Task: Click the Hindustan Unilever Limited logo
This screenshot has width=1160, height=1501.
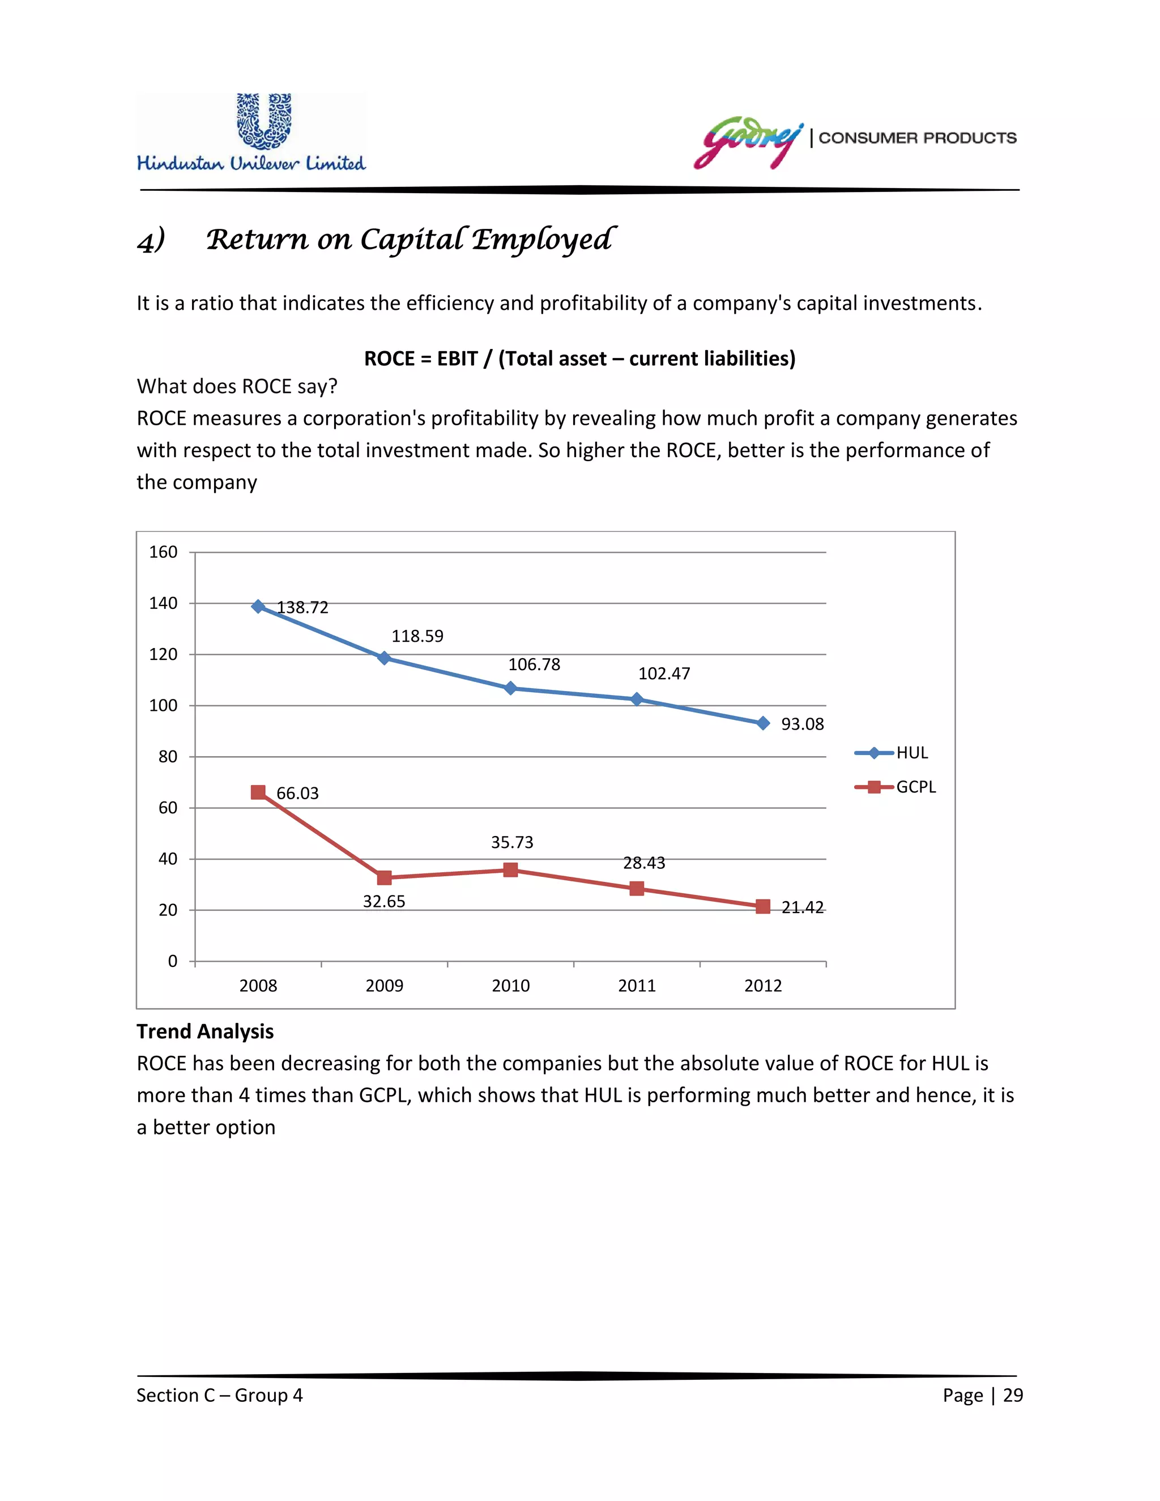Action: (x=251, y=133)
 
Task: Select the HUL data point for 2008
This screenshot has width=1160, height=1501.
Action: (x=258, y=606)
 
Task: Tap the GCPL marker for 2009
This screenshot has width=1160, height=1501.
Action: (x=384, y=877)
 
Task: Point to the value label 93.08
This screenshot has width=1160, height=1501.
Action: (x=802, y=724)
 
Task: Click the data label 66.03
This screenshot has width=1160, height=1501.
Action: (x=297, y=794)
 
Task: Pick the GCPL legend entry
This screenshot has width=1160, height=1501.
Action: (x=895, y=787)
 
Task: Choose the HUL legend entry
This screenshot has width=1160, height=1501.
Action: (x=892, y=753)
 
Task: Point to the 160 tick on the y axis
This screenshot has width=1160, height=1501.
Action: (x=163, y=552)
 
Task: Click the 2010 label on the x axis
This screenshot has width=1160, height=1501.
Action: (x=510, y=986)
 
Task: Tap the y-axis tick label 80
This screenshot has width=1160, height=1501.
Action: (x=168, y=757)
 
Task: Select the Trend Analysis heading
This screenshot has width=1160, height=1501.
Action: (x=205, y=1031)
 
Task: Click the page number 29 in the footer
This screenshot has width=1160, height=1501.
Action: (x=1013, y=1395)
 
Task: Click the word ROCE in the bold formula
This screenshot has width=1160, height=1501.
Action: (x=389, y=359)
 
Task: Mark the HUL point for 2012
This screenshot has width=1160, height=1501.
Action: (x=763, y=723)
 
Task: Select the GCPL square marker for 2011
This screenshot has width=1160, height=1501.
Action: (x=637, y=889)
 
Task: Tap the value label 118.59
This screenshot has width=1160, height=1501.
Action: (x=417, y=637)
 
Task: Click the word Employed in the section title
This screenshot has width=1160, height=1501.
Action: (x=543, y=240)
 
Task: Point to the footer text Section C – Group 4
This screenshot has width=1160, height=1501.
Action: (x=219, y=1395)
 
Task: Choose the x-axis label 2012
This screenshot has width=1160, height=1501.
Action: (x=763, y=986)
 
